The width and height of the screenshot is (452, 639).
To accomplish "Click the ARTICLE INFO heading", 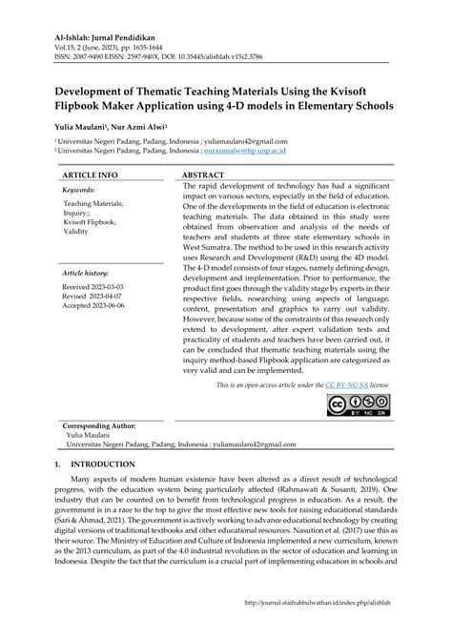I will [90, 175].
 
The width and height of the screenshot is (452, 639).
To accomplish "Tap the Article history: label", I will [87, 272].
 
